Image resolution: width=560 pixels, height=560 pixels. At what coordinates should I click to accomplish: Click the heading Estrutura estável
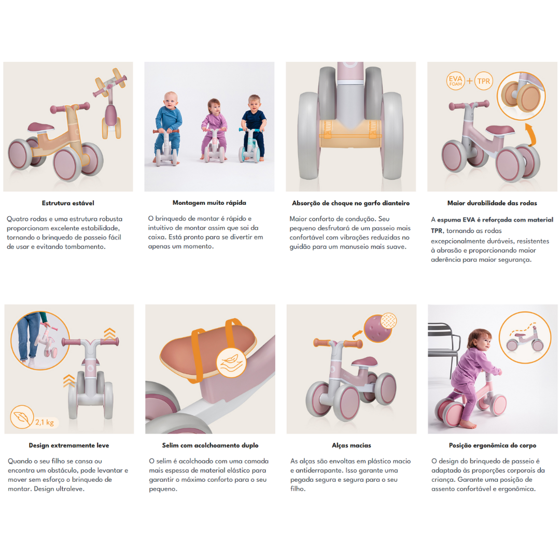point(68,203)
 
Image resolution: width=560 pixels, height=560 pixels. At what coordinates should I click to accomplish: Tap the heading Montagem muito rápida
point(209,203)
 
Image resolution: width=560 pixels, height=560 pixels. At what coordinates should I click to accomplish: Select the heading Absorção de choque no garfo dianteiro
point(351,203)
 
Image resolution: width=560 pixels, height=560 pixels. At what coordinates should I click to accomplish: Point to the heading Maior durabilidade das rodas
point(492,203)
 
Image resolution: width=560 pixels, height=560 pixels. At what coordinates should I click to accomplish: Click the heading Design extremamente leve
point(69,445)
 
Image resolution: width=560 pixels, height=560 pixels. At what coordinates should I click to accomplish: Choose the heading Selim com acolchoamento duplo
point(210,445)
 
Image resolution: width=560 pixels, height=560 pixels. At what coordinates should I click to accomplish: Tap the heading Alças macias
point(352,445)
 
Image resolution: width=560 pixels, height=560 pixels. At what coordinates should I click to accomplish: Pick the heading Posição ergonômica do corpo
point(493,445)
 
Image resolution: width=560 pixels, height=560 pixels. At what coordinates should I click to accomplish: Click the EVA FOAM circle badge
point(455,81)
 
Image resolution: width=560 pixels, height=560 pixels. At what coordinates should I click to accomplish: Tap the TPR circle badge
point(484,81)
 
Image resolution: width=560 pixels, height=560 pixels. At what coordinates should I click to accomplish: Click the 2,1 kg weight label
point(45,423)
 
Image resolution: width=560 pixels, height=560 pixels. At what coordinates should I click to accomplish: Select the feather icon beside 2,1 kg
point(22,417)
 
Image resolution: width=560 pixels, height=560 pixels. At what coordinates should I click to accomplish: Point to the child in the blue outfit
point(168,127)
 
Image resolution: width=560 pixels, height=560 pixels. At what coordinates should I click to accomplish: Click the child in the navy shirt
point(254,125)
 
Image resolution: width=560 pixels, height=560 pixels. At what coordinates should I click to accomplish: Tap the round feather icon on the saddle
point(231,363)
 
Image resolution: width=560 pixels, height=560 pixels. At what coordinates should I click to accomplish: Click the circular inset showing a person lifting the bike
point(40,341)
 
